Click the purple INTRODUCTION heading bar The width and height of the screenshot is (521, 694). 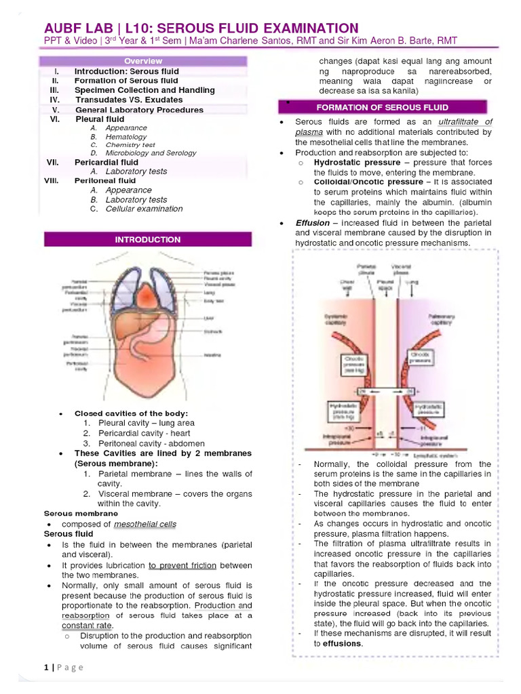[x=147, y=240]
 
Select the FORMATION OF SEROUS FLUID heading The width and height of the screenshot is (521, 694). [x=382, y=107]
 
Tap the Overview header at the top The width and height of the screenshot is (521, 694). [x=147, y=61]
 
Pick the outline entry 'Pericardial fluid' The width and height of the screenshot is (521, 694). [x=106, y=162]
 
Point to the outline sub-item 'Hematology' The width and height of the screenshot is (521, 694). [x=126, y=136]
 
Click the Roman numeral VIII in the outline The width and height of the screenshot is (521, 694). [x=52, y=181]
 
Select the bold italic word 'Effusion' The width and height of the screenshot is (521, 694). [x=313, y=223]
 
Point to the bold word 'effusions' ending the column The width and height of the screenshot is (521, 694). [x=343, y=643]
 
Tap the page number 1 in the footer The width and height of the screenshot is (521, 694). [x=46, y=668]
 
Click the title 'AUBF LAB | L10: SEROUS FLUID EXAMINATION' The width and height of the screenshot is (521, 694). [x=201, y=28]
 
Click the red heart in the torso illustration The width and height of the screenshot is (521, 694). [x=150, y=295]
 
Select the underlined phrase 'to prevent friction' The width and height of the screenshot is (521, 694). [x=182, y=565]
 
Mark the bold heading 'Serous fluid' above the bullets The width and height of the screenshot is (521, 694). [x=69, y=534]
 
